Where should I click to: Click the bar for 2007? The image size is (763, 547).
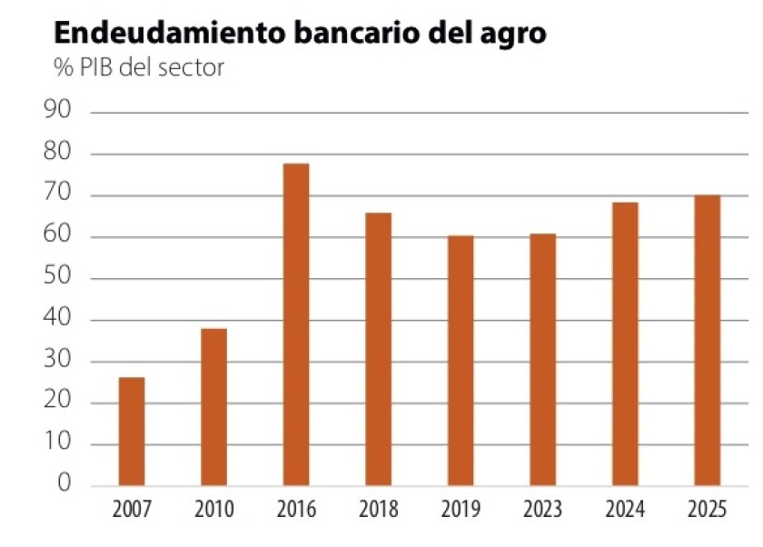click(132, 431)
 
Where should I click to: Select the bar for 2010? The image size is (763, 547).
click(213, 406)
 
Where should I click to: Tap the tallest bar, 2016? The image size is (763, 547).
click(296, 323)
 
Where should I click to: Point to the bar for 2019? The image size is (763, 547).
click(461, 360)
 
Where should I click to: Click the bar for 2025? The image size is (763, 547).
click(708, 340)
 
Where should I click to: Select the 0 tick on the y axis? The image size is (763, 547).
click(64, 484)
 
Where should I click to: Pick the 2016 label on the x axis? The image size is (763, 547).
click(296, 509)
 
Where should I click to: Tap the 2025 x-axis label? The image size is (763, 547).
click(708, 509)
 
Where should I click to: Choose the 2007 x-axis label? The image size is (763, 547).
click(132, 509)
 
